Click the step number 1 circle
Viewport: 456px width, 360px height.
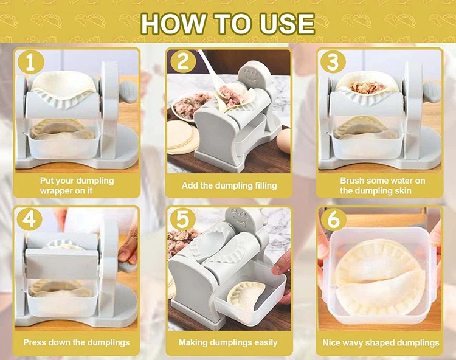31,63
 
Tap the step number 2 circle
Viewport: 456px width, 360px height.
183,61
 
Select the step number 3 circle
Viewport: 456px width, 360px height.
333,62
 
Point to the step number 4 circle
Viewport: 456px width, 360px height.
29,220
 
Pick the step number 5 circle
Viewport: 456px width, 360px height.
182,220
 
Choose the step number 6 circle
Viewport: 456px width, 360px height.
333,220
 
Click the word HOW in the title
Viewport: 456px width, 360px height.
173,24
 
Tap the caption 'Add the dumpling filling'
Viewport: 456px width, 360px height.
229,185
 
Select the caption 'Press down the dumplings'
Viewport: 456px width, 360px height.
77,342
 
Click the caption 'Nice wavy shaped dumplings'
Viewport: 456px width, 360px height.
381,343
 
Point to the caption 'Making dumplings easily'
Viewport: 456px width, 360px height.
228,342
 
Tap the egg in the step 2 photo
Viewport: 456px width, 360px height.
284,141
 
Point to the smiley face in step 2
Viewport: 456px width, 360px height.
251,76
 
